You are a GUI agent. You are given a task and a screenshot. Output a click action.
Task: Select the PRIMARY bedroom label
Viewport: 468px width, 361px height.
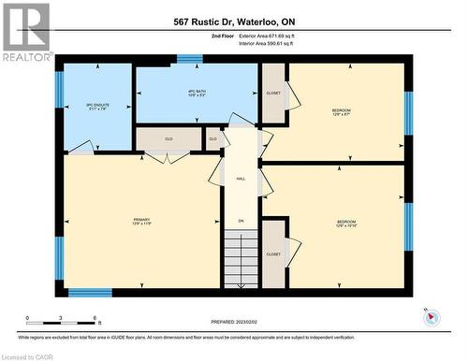(141, 222)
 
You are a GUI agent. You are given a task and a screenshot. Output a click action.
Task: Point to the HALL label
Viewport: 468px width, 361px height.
(241, 178)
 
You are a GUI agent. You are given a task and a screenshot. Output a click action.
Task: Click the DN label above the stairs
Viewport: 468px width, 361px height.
(241, 221)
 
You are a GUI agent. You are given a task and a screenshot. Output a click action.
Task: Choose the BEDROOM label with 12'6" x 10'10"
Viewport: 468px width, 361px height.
(346, 224)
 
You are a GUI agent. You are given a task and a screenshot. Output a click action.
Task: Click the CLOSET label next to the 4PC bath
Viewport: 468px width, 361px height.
(273, 94)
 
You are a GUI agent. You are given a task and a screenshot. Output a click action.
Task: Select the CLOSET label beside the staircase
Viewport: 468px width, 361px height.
(273, 253)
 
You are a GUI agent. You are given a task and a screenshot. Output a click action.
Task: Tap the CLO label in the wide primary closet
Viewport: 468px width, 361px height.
(169, 139)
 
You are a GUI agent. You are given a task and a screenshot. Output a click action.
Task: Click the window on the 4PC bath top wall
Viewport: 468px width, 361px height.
(190, 59)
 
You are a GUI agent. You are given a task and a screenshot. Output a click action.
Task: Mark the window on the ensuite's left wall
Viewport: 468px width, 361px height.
(59, 90)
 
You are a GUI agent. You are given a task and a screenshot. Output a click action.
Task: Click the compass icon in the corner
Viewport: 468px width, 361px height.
(431, 316)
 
